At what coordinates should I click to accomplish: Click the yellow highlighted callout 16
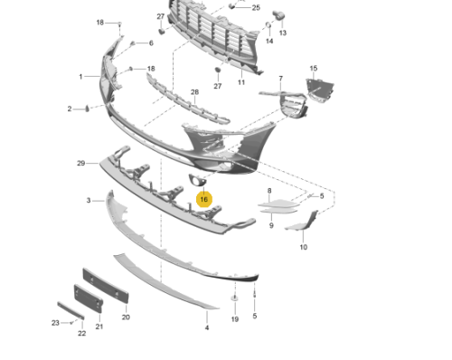pyautogui.click(x=204, y=199)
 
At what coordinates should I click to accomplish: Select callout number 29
pyautogui.click(x=80, y=163)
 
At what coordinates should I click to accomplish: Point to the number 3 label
pyautogui.click(x=89, y=200)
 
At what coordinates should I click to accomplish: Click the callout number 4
pyautogui.click(x=207, y=327)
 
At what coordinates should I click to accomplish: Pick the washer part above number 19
pyautogui.click(x=234, y=298)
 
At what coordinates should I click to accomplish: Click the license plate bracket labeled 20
pyautogui.click(x=106, y=286)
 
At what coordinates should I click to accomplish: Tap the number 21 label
pyautogui.click(x=99, y=327)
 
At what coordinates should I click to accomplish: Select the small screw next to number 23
pyautogui.click(x=71, y=323)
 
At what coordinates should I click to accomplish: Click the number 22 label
pyautogui.click(x=81, y=333)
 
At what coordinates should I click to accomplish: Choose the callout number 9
pyautogui.click(x=271, y=225)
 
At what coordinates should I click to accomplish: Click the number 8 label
pyautogui.click(x=269, y=191)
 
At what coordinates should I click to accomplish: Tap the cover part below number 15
pyautogui.click(x=319, y=90)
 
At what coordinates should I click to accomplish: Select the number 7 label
pyautogui.click(x=281, y=79)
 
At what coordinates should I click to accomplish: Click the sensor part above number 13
pyautogui.click(x=278, y=15)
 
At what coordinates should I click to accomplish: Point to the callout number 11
pyautogui.click(x=241, y=82)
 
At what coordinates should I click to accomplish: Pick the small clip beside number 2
pyautogui.click(x=87, y=109)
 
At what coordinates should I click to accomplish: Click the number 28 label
pyautogui.click(x=194, y=92)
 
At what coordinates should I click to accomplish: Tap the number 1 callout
pyautogui.click(x=80, y=77)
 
